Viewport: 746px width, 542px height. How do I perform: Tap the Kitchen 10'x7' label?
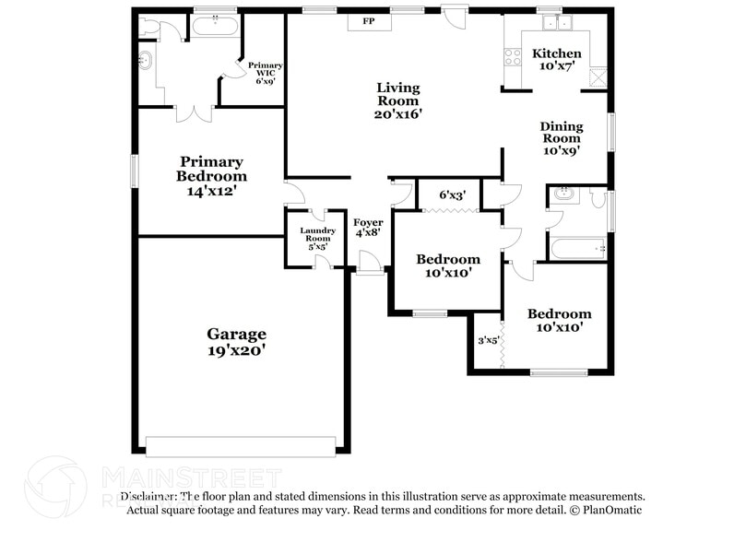tap(557, 60)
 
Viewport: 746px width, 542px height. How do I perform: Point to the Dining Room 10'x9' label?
tap(561, 138)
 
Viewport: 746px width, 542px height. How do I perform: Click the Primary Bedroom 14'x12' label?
tap(212, 176)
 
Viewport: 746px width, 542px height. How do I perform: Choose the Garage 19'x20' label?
tap(236, 342)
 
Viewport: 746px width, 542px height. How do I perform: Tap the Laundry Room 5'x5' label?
tap(316, 239)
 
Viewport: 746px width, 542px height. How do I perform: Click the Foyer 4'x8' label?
tap(369, 228)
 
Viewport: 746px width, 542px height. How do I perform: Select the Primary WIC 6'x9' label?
tap(266, 73)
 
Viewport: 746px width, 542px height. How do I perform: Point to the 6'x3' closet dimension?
tap(452, 195)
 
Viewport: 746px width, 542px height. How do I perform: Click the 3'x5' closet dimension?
tap(488, 340)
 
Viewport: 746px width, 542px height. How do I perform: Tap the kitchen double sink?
tap(557, 22)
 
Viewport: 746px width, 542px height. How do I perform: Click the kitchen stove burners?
tap(511, 56)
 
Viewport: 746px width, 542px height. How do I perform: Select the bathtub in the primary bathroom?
tap(215, 25)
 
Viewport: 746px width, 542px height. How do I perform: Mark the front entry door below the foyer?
tap(370, 265)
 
